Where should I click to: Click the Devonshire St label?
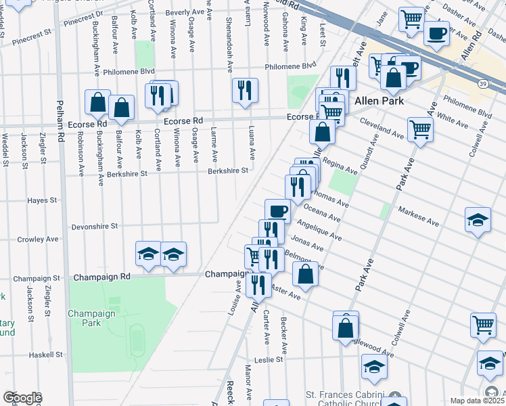tap(95, 226)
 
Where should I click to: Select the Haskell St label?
tap(45, 354)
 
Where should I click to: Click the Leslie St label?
tap(268, 360)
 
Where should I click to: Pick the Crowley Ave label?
tap(37, 239)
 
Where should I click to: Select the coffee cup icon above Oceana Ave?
tap(277, 210)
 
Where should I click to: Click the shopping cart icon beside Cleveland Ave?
tap(420, 129)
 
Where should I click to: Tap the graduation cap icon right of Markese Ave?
tap(478, 220)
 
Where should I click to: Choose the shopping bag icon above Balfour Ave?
tap(121, 107)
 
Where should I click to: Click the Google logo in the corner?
tap(22, 398)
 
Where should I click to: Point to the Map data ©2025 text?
tap(477, 401)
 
